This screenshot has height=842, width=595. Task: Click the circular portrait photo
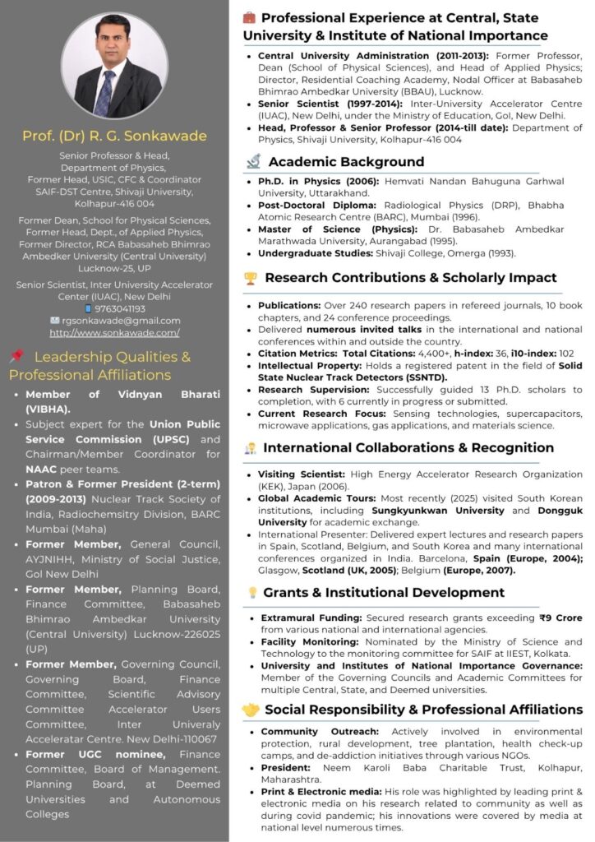[x=115, y=65]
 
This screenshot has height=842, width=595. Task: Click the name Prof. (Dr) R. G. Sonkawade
[x=114, y=136]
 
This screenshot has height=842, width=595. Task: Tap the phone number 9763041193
[x=120, y=308]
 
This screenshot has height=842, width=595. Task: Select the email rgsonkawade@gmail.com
[x=121, y=321]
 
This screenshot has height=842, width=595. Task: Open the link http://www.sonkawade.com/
[x=114, y=333]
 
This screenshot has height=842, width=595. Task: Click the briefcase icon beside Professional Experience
[x=250, y=17]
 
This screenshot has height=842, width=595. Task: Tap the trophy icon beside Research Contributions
[x=251, y=278]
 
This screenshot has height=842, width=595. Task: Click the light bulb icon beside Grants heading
[x=252, y=593]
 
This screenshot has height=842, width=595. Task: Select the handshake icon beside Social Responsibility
[x=251, y=710]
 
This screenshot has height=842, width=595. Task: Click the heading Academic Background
[x=346, y=162]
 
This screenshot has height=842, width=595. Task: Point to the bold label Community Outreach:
[x=308, y=731]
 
